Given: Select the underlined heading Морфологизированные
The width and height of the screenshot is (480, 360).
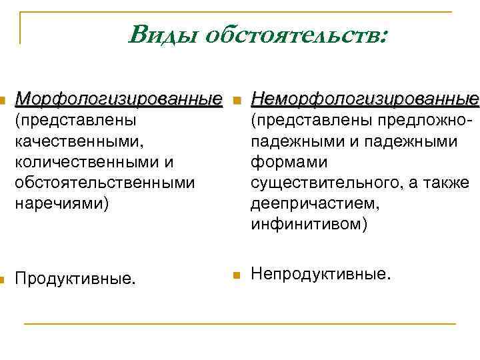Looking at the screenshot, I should (119, 99).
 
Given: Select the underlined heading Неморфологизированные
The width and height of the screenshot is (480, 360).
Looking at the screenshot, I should (365, 99).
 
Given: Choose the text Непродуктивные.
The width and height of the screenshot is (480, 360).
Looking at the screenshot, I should (319, 273).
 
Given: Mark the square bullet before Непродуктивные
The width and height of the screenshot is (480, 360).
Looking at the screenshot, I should (237, 274).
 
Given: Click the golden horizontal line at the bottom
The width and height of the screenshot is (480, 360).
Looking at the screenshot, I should (240, 324).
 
